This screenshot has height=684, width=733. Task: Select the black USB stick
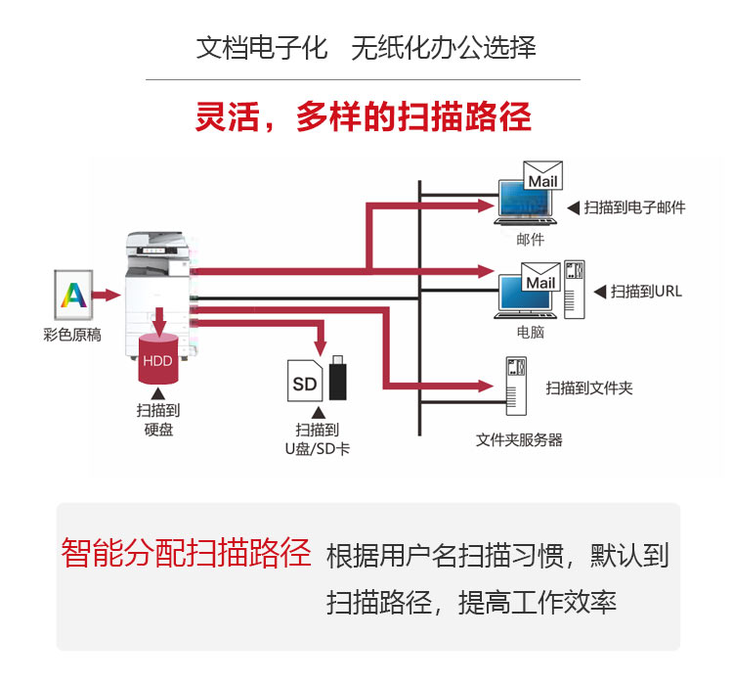click(x=339, y=377)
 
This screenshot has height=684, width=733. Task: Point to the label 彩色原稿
click(x=72, y=334)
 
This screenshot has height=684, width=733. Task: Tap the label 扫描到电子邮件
click(x=634, y=207)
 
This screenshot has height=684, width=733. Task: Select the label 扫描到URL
click(x=646, y=291)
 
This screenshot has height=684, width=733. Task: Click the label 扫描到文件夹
click(x=589, y=388)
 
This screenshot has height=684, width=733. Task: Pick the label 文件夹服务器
click(x=519, y=439)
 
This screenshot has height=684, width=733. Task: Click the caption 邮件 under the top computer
click(x=531, y=239)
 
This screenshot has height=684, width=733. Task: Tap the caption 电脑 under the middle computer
click(x=531, y=332)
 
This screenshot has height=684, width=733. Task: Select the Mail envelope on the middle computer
click(x=540, y=281)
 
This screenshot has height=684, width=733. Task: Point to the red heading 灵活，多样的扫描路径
click(x=364, y=117)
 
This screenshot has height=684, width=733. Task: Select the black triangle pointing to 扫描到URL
click(x=599, y=291)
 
